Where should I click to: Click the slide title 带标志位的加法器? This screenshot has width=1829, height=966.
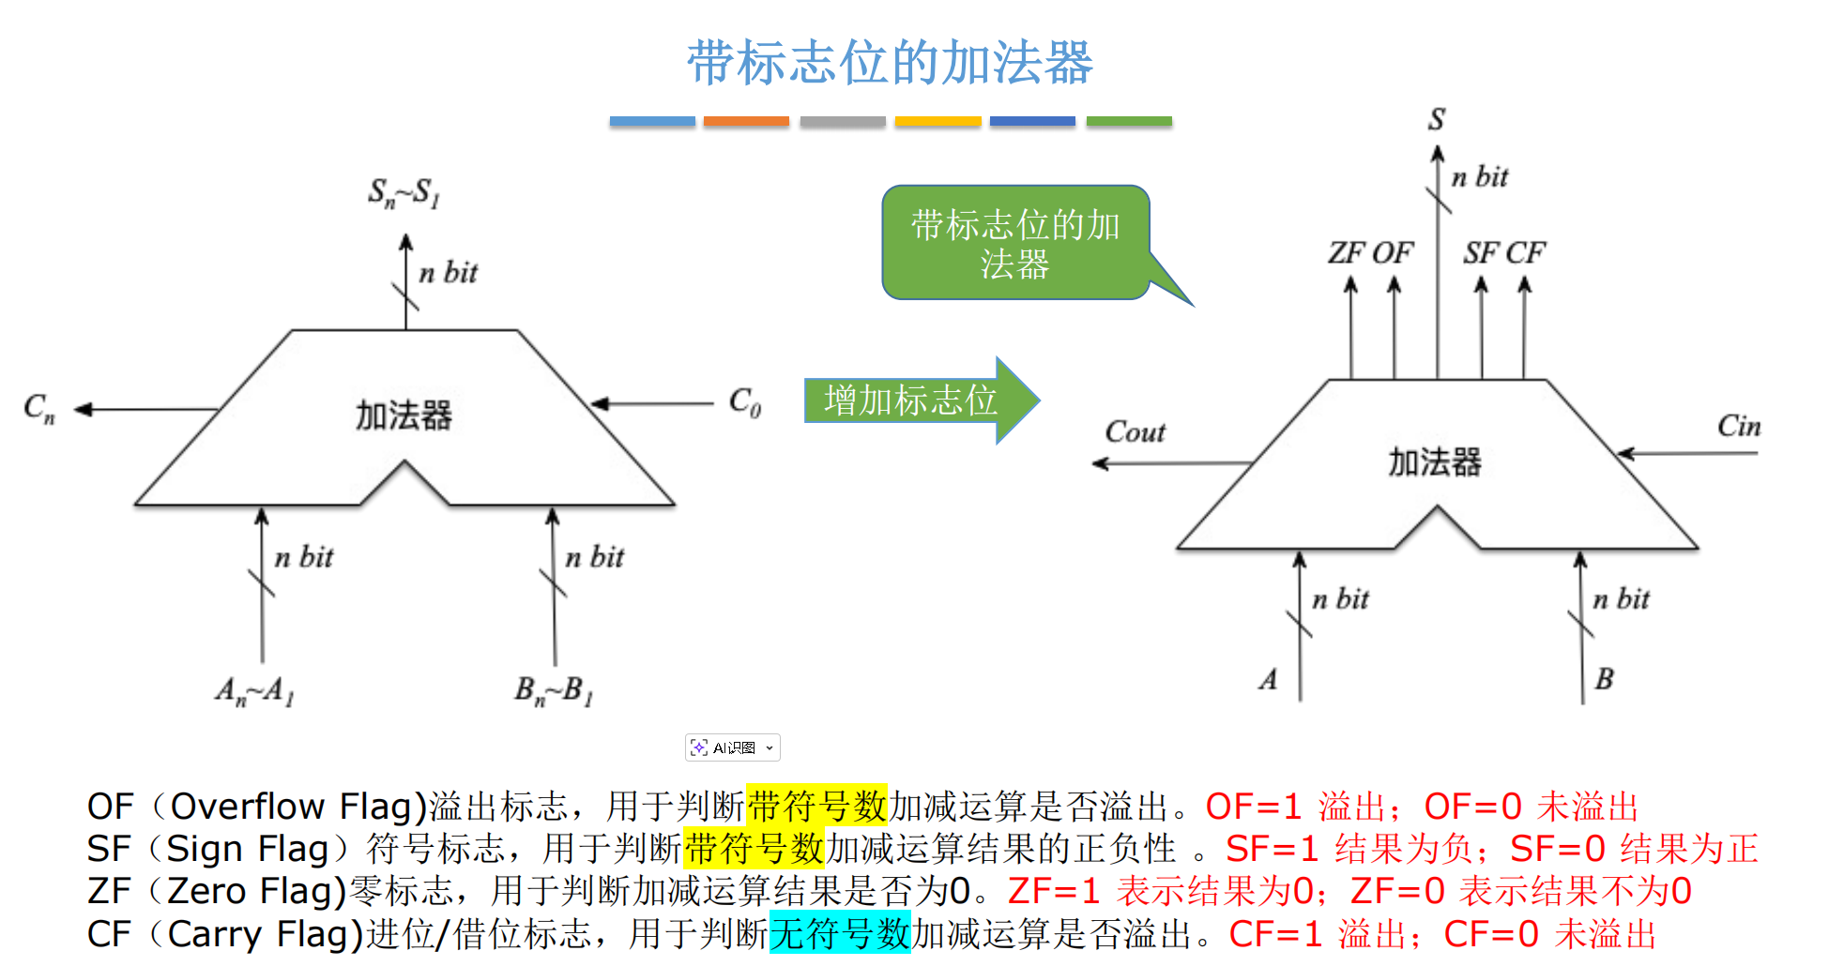coord(890,63)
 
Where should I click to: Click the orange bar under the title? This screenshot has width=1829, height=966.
coord(746,121)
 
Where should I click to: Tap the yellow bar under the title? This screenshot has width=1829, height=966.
coord(937,121)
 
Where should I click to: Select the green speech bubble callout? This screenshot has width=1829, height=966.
coord(1015,244)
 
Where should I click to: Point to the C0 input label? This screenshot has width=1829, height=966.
coord(745,402)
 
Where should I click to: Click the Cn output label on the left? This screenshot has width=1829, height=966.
coord(39,409)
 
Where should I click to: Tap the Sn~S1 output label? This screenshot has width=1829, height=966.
coord(404,193)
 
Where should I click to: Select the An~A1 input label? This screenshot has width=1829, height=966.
coord(254,692)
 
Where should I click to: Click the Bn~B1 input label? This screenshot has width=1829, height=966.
coord(554,692)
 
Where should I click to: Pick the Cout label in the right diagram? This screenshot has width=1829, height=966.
coord(1135,432)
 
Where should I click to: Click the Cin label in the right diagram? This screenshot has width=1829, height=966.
coord(1738,427)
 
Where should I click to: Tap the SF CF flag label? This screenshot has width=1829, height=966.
coord(1503,253)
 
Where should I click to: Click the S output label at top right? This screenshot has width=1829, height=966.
coord(1437,120)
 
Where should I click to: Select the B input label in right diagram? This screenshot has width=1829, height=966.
coord(1604,679)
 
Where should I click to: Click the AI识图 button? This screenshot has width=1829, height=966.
coord(733,747)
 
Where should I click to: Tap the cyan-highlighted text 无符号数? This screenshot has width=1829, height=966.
coord(840,934)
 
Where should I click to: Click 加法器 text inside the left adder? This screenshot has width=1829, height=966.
coord(404,415)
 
